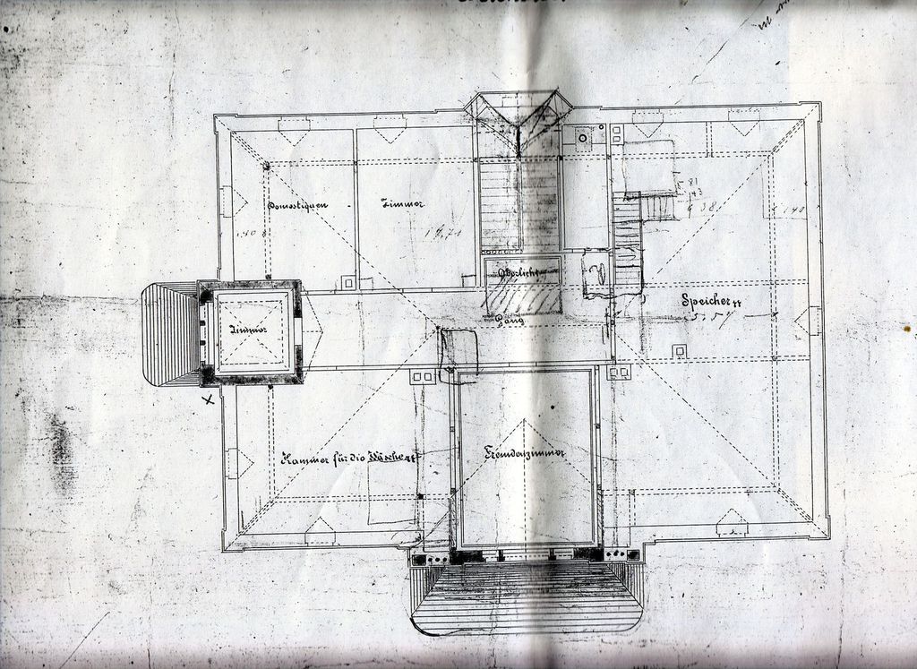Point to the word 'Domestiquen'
click(x=297, y=205)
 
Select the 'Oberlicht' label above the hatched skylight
click(x=522, y=270)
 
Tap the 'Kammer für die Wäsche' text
click(x=349, y=459)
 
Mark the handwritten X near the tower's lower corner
click(x=209, y=399)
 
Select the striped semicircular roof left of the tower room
click(x=170, y=333)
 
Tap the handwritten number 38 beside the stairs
click(x=707, y=206)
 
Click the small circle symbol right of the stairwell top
click(x=583, y=138)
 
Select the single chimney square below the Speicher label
click(x=680, y=350)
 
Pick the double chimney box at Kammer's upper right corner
click(x=422, y=377)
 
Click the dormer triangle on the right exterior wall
click(x=810, y=321)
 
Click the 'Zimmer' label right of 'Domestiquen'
click(x=403, y=204)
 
